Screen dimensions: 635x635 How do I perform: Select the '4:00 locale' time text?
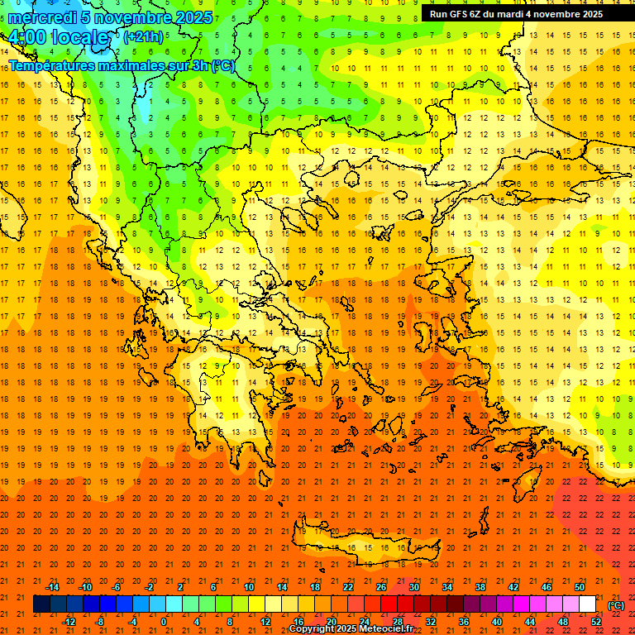pos(58,38)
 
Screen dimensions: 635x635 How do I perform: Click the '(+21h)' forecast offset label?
pos(143,37)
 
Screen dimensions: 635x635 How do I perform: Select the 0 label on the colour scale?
pos(164,622)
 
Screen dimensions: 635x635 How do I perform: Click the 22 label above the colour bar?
pos(348,587)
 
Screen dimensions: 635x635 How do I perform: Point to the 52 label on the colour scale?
pos(595,622)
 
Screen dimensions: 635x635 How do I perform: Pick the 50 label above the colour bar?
pos(580,587)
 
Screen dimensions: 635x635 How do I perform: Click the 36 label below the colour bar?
pos(464,622)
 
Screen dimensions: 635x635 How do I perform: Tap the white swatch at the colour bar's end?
pos(587,604)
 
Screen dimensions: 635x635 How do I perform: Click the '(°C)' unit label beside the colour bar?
pos(616,605)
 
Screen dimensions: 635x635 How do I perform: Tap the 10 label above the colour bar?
pos(248,587)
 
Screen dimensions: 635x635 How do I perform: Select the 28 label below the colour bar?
pos(397,622)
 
